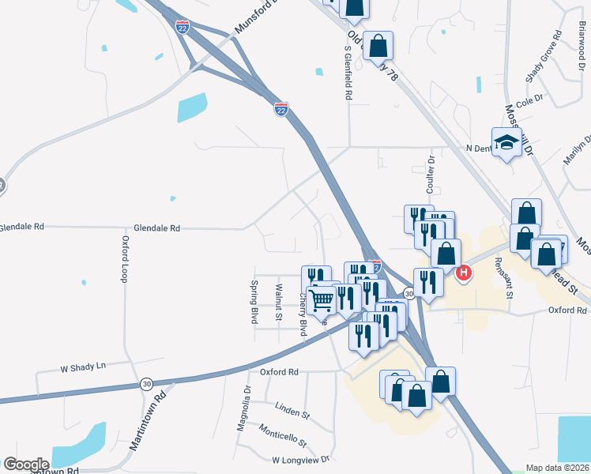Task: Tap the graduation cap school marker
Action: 506,142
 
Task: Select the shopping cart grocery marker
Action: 321,299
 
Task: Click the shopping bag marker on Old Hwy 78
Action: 378,45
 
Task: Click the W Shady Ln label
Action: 83,367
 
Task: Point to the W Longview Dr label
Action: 299,459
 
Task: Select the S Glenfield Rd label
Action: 348,72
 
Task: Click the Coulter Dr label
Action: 431,175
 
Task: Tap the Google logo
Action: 27,464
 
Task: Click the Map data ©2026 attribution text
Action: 557,468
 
